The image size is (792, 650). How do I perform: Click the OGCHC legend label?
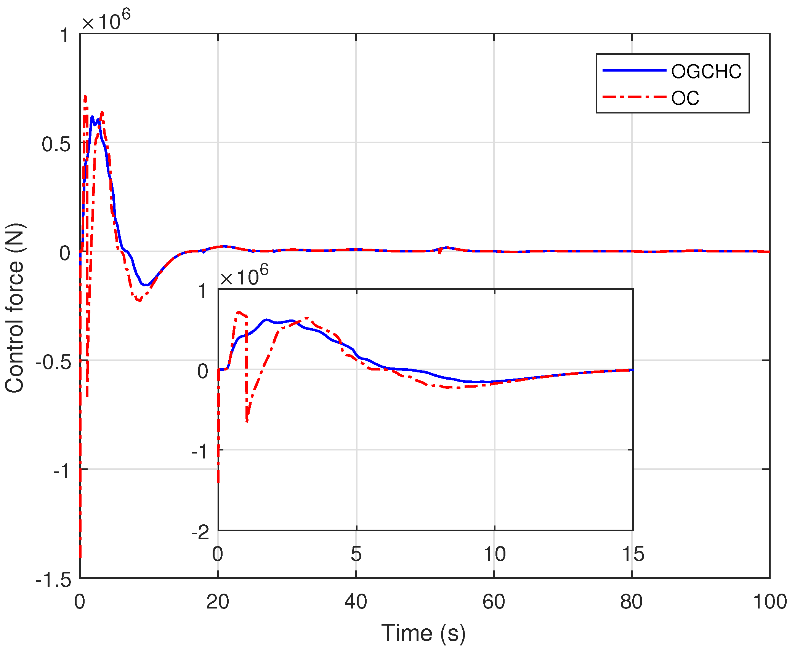pos(706,72)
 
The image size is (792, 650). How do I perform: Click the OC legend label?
pos(685,98)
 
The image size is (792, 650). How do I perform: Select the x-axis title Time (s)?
pos(423,632)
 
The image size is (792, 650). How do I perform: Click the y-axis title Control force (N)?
pos(15,308)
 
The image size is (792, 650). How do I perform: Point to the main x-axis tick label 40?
pos(356,602)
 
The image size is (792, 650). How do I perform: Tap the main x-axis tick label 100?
pos(770,602)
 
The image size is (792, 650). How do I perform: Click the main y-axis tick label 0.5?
pos(56,144)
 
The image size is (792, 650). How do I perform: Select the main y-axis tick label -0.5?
pos(53,362)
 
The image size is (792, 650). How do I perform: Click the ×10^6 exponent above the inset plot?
pos(244,276)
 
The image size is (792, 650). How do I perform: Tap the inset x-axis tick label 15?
pos(633,554)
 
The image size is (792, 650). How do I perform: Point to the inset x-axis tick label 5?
pos(356,554)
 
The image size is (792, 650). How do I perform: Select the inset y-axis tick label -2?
pos(200,532)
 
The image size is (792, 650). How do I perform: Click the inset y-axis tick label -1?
pos(200,452)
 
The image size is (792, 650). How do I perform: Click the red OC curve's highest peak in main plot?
pos(85,97)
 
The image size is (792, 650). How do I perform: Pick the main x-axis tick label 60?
pos(494,602)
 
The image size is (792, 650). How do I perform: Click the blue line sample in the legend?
pos(634,70)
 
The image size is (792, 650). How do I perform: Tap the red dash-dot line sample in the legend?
pos(634,97)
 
